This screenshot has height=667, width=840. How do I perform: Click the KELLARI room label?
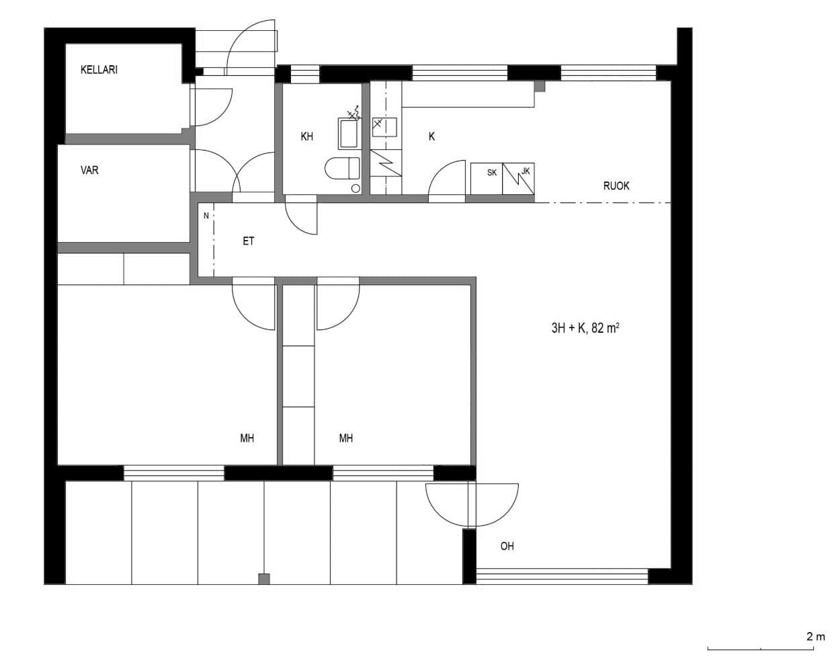coord(99,70)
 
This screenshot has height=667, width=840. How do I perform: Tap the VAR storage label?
coord(89,170)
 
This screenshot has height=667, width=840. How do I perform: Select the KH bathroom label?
coord(307,136)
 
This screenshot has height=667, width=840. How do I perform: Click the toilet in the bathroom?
coord(342,168)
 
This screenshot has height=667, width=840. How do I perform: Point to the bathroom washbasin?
coord(348,134)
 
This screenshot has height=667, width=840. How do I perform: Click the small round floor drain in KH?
coord(355,189)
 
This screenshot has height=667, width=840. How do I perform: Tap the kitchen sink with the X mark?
coord(384,127)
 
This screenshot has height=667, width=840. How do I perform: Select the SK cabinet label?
coord(492,172)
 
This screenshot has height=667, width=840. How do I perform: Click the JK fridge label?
coord(526,171)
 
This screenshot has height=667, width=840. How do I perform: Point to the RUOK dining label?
coord(616,186)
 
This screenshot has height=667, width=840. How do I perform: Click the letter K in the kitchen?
coord(431,136)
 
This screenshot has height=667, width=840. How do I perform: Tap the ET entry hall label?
coord(248,241)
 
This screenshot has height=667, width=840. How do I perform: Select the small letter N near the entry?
coord(206,216)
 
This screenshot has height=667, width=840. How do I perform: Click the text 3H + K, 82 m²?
coord(585,328)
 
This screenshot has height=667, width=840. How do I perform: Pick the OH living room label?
coord(507,547)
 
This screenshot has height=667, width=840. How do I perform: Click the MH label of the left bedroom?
coord(247,438)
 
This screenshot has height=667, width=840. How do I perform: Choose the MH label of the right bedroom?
coord(346,438)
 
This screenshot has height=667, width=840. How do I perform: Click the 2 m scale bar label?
coord(816,637)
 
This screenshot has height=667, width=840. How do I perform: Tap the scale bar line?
coord(761,650)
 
